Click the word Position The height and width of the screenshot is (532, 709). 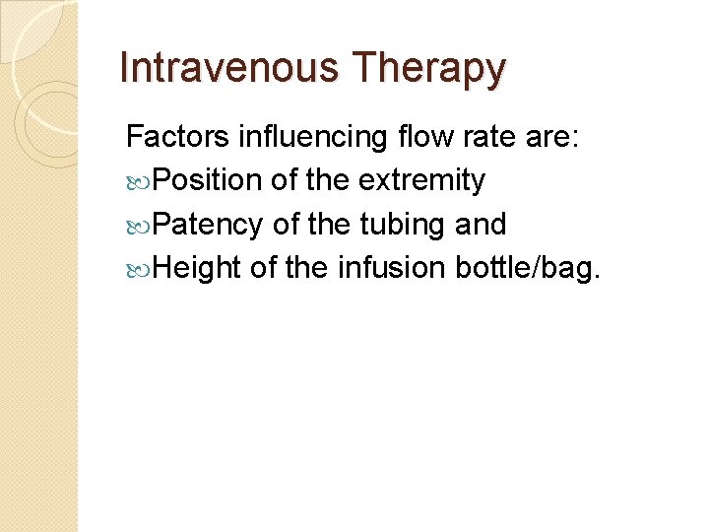(208, 181)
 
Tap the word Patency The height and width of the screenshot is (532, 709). (208, 226)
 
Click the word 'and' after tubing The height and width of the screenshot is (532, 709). (482, 226)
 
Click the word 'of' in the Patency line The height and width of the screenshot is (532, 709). (286, 226)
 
